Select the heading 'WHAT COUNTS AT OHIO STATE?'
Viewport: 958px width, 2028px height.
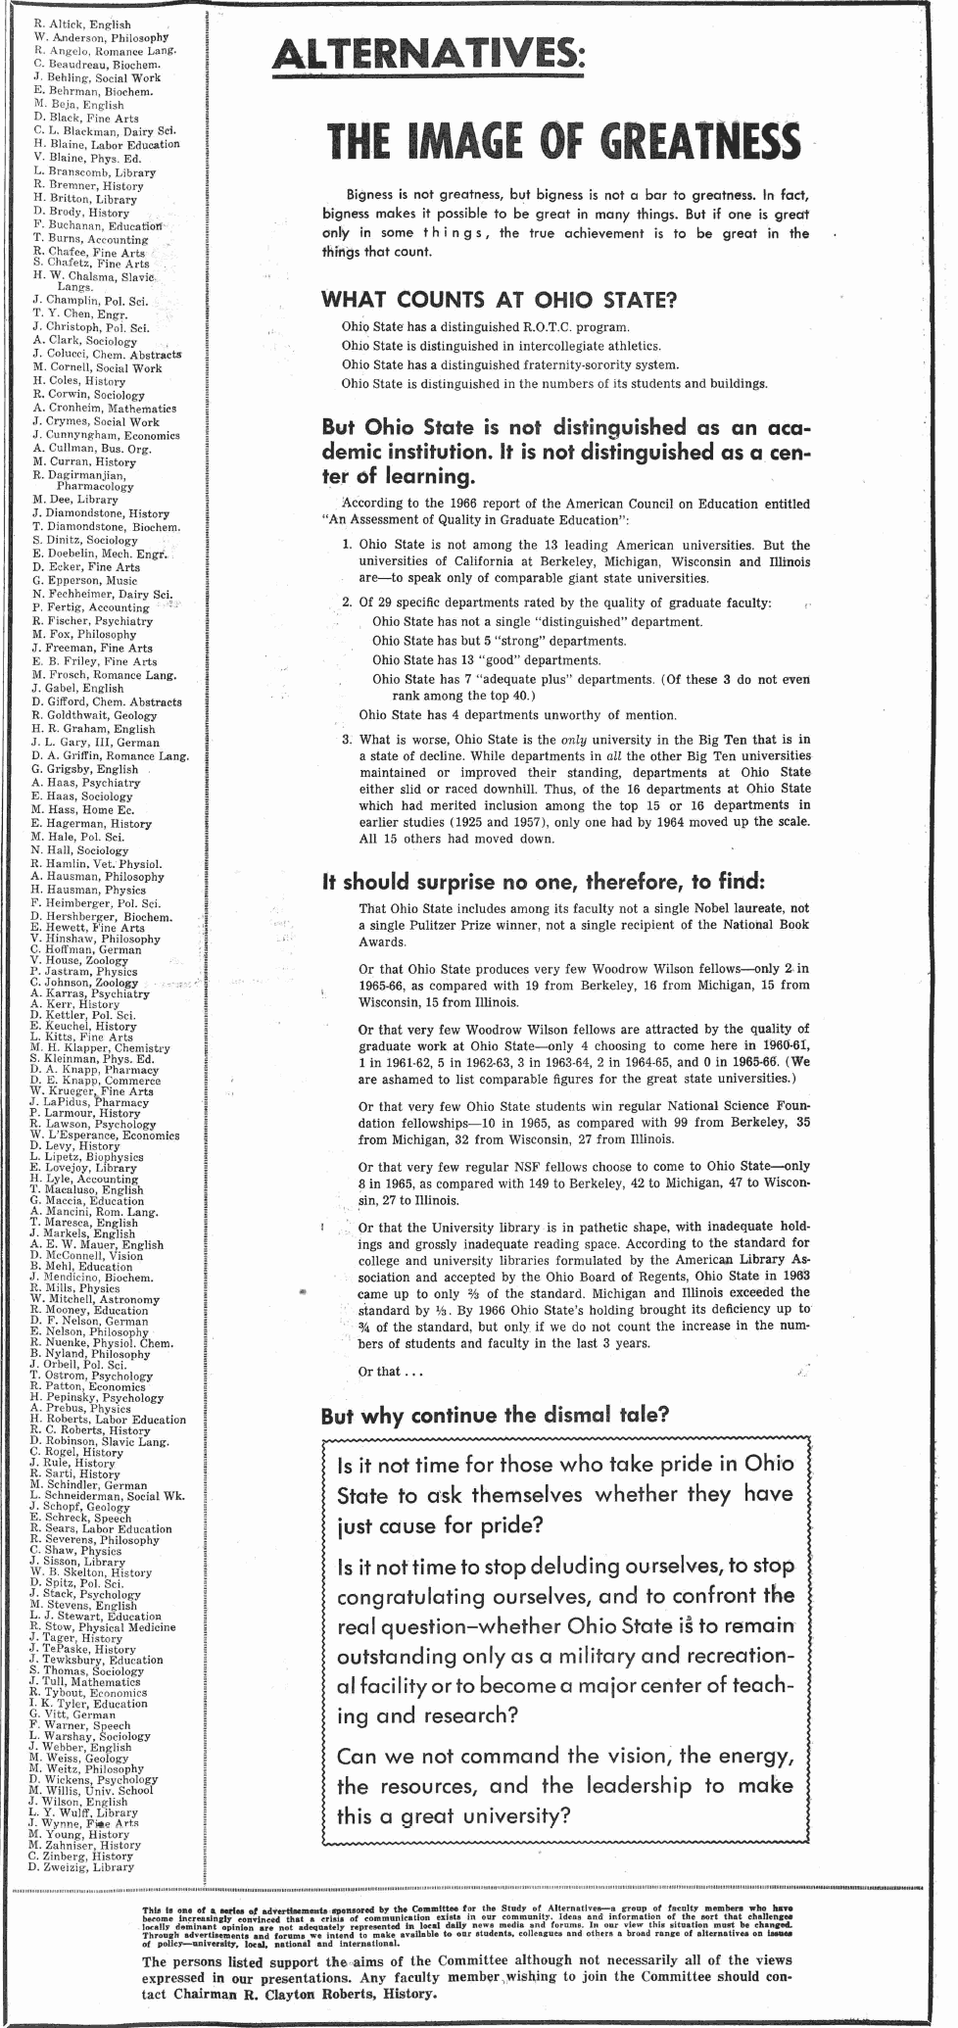point(500,299)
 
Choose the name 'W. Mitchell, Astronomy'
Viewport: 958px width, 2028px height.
point(94,1299)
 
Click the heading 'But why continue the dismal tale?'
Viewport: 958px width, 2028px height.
point(496,1416)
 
